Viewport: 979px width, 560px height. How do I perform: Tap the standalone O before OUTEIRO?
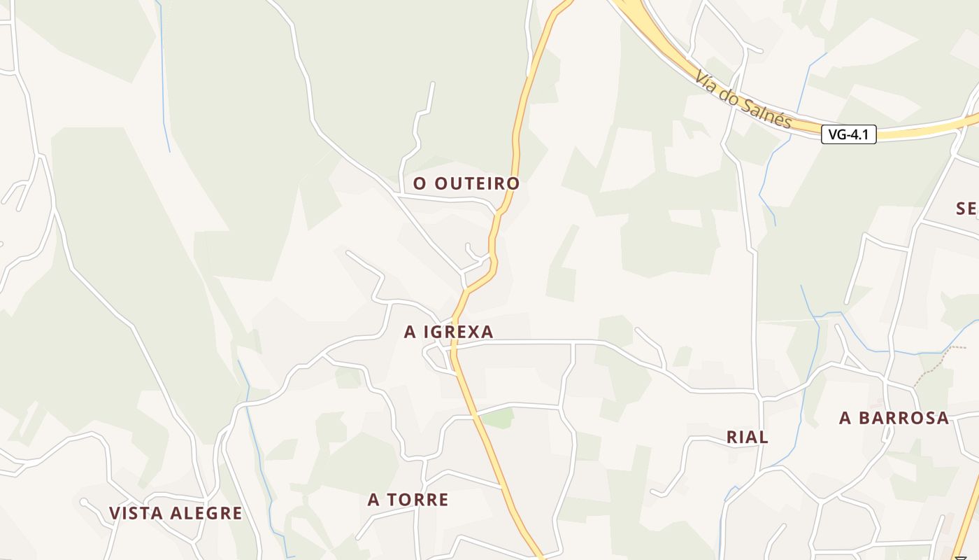[420, 183]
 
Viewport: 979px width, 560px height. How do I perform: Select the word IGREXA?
[458, 332]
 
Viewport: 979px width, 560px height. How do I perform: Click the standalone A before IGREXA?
[410, 332]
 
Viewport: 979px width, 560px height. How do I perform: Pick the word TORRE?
[418, 500]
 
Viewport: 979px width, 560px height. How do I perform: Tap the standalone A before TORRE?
[373, 500]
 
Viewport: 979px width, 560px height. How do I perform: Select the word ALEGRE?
[206, 513]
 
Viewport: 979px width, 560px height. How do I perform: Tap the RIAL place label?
[748, 437]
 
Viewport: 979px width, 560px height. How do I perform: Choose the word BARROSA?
[905, 419]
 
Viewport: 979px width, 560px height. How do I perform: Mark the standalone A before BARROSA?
[845, 419]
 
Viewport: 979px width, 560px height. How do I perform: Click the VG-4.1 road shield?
[848, 134]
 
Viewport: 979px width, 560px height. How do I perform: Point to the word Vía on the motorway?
[708, 80]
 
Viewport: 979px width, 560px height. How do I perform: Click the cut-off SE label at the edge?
[966, 208]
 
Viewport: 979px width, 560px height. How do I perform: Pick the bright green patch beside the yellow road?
[499, 419]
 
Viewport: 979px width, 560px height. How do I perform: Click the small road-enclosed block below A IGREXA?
[438, 358]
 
